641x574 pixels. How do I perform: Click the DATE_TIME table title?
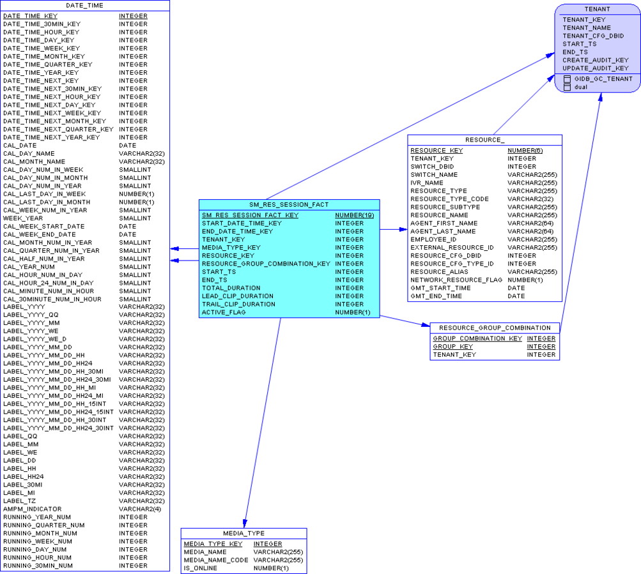coord(84,5)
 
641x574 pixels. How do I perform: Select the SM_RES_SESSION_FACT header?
coord(289,205)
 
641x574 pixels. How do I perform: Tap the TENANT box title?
coord(598,9)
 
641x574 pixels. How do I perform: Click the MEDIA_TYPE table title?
coord(243,533)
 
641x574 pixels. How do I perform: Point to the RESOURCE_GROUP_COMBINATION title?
coord(495,328)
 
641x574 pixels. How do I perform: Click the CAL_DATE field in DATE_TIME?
coord(20,146)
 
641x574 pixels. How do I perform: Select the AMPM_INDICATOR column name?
coord(33,509)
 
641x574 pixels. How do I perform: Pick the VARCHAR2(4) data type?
coord(140,509)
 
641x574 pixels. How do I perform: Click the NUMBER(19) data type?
coord(355,215)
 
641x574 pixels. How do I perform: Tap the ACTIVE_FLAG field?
coord(224,312)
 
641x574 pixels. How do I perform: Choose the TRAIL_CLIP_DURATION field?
coord(238,305)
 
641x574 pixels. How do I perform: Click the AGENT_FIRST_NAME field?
coord(444,223)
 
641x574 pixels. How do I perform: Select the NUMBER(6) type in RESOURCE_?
coord(525,150)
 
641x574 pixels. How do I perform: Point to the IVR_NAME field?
coord(427,183)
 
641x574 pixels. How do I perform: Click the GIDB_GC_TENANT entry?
coord(603,79)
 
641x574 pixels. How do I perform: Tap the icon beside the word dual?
coord(567,87)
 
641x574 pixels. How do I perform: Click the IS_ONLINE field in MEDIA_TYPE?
coord(200,568)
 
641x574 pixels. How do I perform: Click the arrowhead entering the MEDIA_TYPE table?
coord(245,524)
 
